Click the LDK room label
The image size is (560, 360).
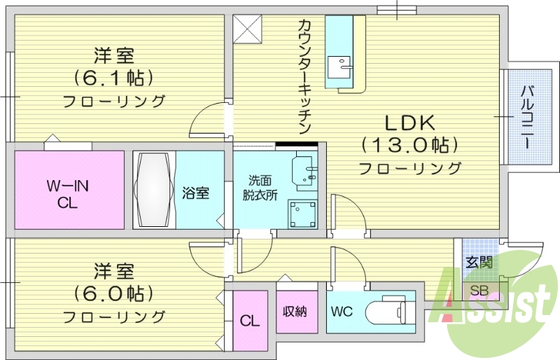pyautogui.click(x=409, y=123)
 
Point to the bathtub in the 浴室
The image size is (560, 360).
pyautogui.click(x=153, y=189)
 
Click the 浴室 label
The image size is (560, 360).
pyautogui.click(x=195, y=193)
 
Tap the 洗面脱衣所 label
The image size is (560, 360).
pyautogui.click(x=262, y=187)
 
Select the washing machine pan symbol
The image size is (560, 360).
pyautogui.click(x=302, y=213)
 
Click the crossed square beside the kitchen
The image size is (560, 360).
pyautogui.click(x=247, y=28)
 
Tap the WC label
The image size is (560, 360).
pyautogui.click(x=342, y=310)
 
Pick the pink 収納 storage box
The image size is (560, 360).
pyautogui.click(x=294, y=311)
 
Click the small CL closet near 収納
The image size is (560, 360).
pyautogui.click(x=249, y=321)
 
